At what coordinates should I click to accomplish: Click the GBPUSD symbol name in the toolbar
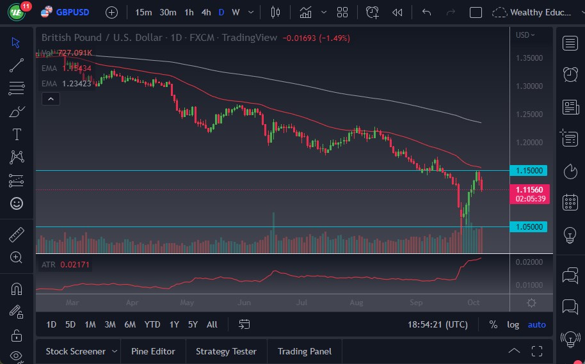[x=72, y=12]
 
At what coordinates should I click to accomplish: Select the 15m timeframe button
[x=143, y=12]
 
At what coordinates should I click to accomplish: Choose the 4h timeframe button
[x=205, y=12]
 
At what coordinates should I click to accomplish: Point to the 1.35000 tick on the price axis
[x=529, y=58]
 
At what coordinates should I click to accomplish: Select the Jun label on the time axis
[x=244, y=302]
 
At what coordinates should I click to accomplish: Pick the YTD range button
[x=152, y=324]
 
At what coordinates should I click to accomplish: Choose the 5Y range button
[x=193, y=324]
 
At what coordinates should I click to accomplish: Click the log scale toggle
[x=513, y=324]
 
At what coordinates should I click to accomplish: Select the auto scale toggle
[x=536, y=324]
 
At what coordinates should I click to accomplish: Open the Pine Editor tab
[x=153, y=351]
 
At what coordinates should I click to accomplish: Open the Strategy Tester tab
[x=226, y=351]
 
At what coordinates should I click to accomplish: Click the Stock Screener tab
[x=75, y=351]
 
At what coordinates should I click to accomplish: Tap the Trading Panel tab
[x=304, y=351]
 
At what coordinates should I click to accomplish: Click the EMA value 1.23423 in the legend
[x=77, y=83]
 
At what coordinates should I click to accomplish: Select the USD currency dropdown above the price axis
[x=525, y=35]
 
